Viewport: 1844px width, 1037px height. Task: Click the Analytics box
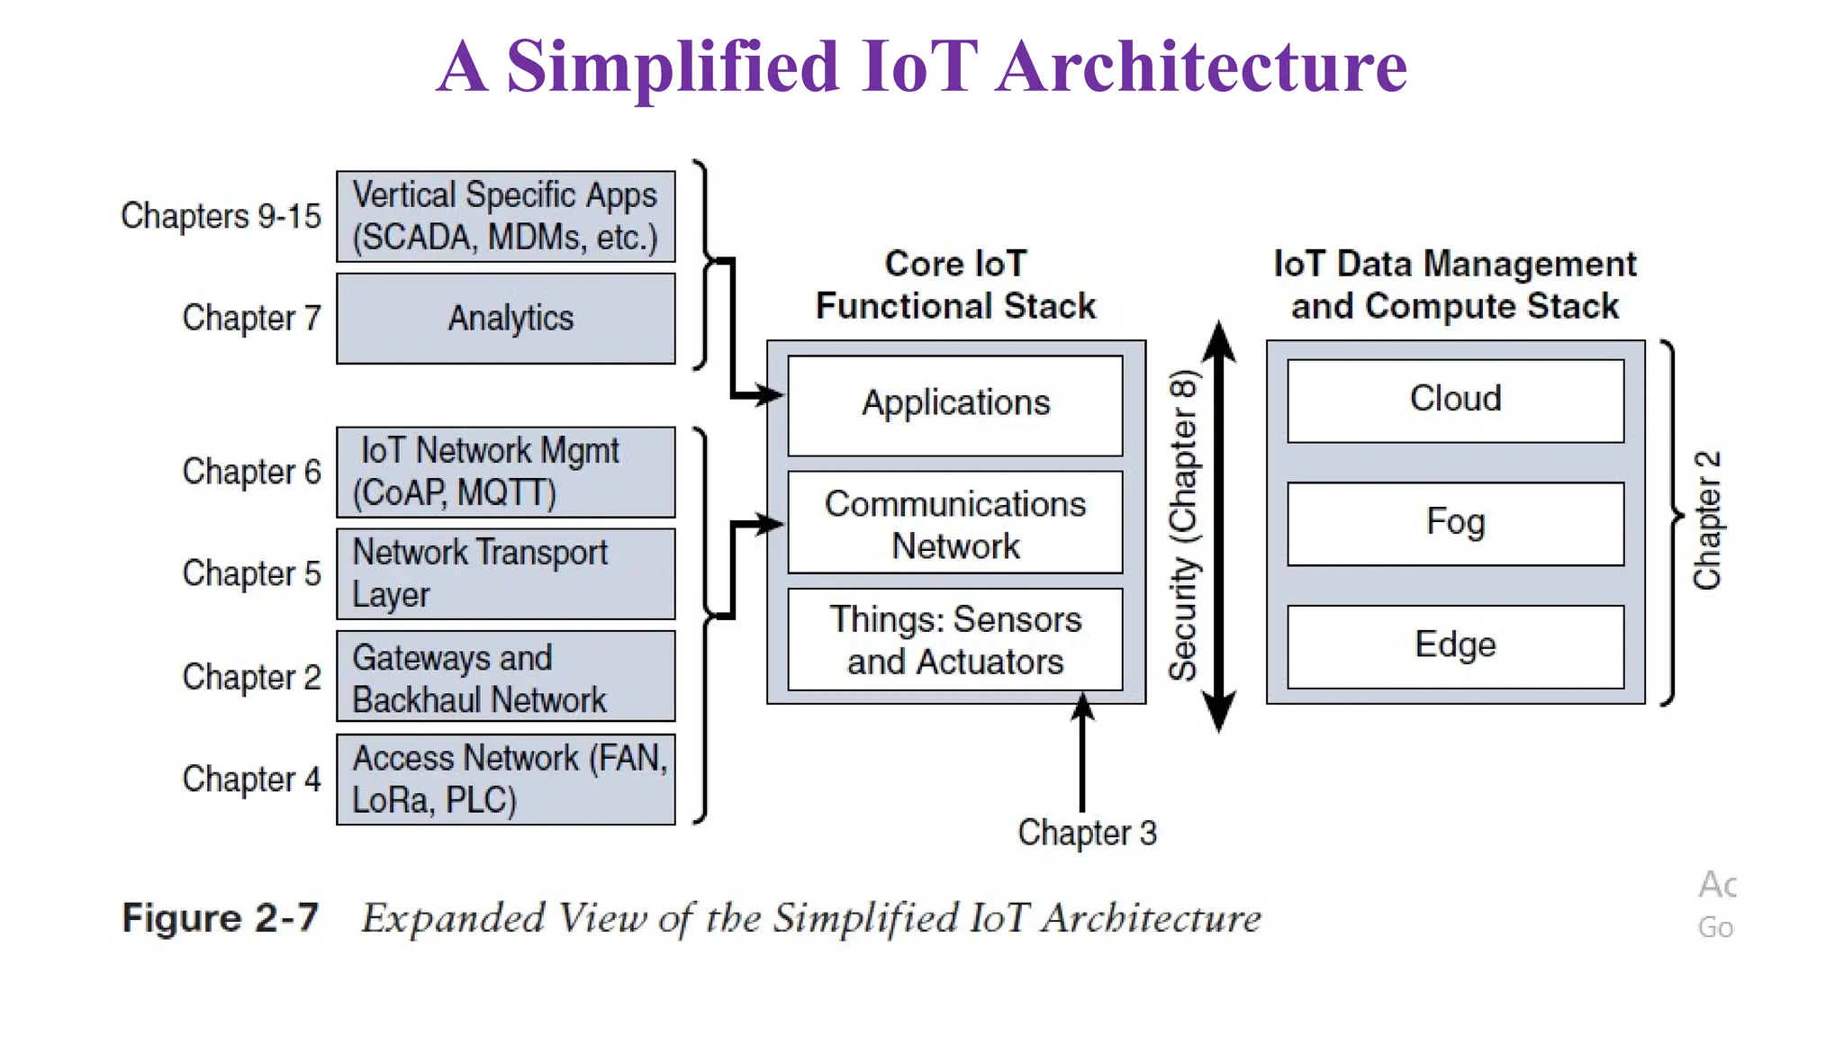point(505,319)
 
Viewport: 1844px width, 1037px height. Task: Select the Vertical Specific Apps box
point(505,216)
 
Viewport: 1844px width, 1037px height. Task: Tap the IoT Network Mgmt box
point(505,472)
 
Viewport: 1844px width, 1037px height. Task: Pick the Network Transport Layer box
point(505,573)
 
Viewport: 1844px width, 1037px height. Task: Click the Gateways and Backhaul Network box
point(505,676)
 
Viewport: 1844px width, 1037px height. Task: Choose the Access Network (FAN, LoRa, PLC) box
point(505,780)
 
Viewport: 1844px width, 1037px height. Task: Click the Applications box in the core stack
point(954,405)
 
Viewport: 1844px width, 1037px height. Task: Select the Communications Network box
point(954,522)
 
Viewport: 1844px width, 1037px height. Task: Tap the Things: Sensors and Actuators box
point(954,640)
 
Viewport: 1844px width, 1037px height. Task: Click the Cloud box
point(1455,401)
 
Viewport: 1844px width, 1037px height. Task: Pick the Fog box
point(1455,523)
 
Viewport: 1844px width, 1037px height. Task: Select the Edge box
point(1455,645)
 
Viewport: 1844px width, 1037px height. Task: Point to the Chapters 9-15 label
point(221,216)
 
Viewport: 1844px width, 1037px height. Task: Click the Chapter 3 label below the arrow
point(1087,833)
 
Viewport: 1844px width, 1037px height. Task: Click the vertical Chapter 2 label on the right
point(1707,520)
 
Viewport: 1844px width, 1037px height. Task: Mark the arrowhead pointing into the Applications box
point(772,394)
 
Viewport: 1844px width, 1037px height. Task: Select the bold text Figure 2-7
point(221,918)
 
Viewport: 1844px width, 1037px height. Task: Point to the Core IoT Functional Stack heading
point(954,284)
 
